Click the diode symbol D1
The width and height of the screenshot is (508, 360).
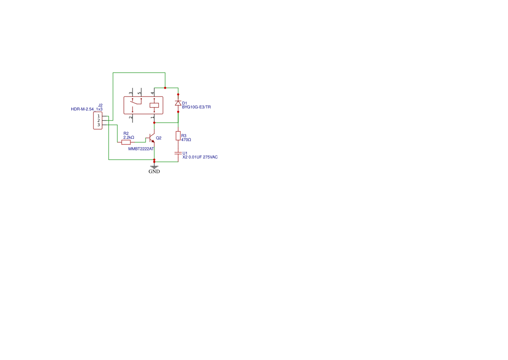point(178,103)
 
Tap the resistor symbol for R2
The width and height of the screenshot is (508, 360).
point(126,142)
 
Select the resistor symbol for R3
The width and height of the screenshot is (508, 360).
point(178,136)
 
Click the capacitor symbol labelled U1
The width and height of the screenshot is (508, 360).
point(178,153)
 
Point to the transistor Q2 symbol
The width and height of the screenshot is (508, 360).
point(151,138)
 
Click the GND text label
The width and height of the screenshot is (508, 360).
point(154,171)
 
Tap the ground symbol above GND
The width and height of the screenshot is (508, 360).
point(154,167)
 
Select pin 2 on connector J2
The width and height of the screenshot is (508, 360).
point(99,120)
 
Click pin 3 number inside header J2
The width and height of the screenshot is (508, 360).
point(99,125)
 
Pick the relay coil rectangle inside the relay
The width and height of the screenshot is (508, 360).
point(154,105)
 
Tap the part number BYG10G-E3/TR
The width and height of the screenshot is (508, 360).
point(196,107)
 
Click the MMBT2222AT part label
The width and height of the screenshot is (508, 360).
point(141,149)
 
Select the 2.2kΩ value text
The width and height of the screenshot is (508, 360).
point(129,137)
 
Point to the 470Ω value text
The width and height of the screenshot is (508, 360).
point(186,140)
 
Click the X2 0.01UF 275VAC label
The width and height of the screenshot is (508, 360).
point(200,157)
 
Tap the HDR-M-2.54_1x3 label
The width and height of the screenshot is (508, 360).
point(86,109)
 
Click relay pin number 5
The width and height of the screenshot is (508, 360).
point(139,93)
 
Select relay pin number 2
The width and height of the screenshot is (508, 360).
point(131,117)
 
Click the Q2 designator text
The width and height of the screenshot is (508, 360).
point(159,138)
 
